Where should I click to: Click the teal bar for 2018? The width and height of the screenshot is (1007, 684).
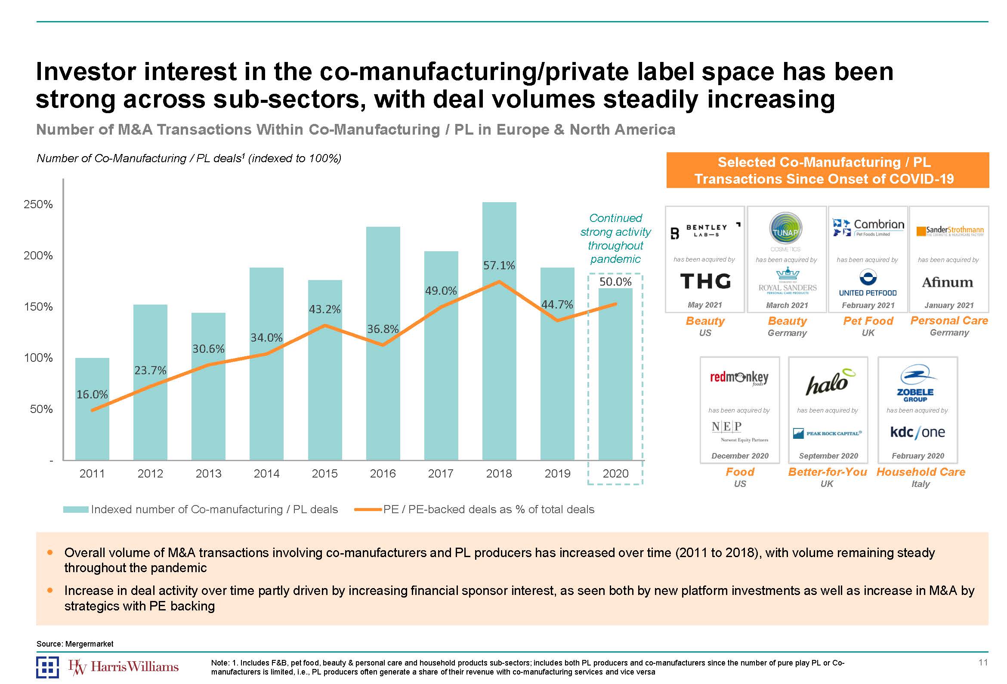coord(499,368)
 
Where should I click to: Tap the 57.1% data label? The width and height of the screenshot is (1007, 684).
coord(499,265)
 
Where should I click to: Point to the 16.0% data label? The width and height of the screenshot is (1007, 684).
coord(92,394)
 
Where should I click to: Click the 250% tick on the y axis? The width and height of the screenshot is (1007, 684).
coord(38,204)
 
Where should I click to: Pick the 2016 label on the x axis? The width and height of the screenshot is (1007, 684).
coord(383,474)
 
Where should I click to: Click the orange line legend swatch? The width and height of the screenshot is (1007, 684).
coord(368,509)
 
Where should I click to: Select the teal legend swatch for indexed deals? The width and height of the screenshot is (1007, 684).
coord(76,509)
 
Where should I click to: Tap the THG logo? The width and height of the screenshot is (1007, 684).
coord(705,281)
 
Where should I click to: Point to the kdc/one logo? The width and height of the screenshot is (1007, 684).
coord(917,432)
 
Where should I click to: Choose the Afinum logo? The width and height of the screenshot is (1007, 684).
coord(948,283)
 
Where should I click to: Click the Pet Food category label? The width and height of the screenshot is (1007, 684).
coord(868,321)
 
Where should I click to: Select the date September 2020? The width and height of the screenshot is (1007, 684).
coord(828,456)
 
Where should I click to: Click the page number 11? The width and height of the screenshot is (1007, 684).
coord(983,662)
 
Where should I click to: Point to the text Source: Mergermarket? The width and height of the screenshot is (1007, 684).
coord(74,644)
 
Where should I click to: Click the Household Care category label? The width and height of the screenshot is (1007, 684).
coord(921,472)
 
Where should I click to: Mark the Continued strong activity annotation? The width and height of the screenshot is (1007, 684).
coord(615,238)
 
